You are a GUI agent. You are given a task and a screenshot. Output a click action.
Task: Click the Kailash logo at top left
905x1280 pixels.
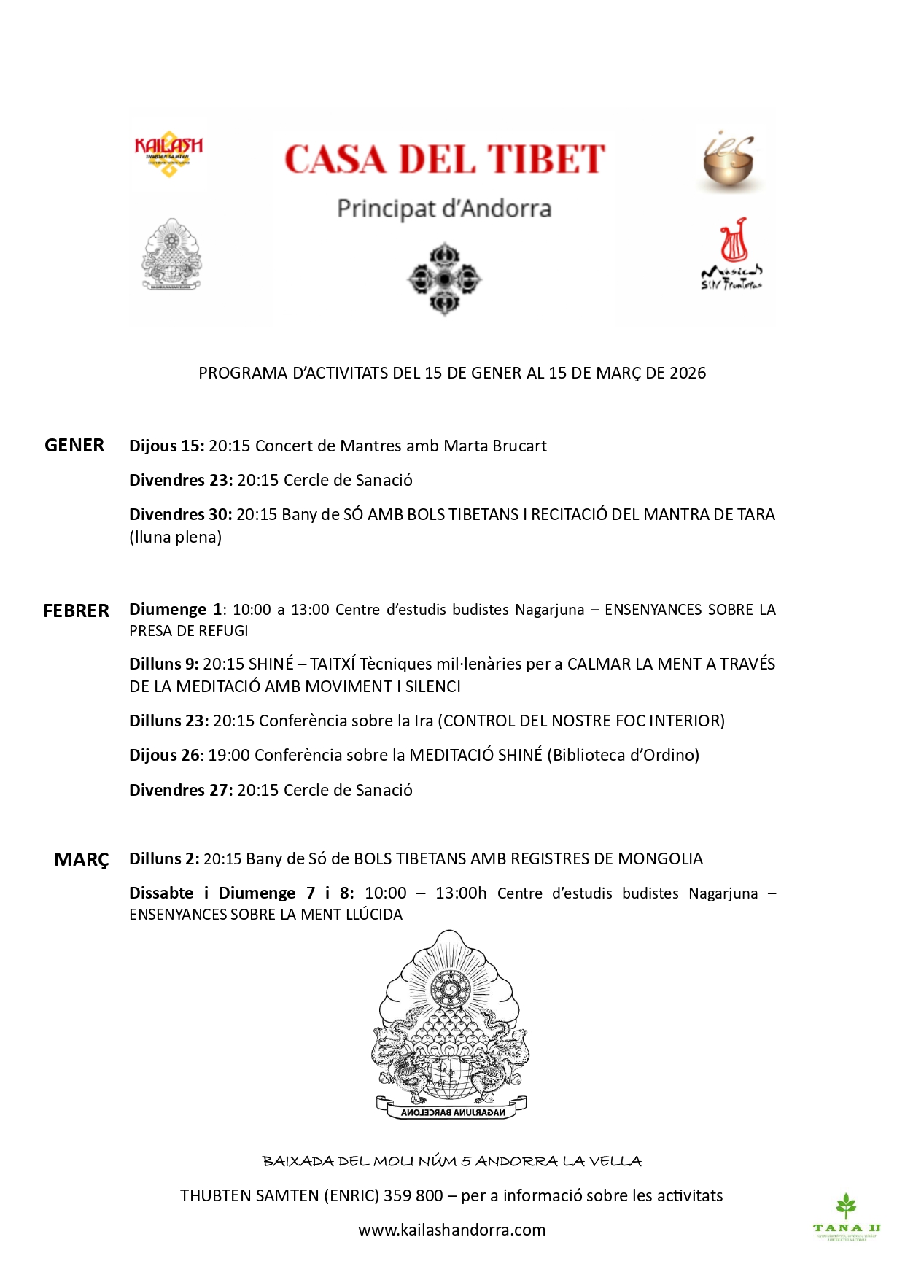[168, 154]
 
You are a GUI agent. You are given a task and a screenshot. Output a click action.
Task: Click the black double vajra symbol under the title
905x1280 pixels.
[444, 279]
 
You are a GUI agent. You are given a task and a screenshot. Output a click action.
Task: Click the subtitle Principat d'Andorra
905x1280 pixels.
[443, 209]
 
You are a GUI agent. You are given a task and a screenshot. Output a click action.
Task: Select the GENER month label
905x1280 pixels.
[74, 446]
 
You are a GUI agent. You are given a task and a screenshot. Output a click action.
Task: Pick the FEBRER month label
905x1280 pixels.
[77, 610]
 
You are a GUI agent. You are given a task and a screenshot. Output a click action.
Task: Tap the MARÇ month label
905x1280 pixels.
[82, 860]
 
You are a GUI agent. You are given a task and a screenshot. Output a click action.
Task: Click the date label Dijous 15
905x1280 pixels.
[166, 446]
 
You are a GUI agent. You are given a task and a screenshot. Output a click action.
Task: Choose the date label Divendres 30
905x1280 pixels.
[180, 515]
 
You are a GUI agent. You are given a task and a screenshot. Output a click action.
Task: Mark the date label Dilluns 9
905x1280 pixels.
[163, 664]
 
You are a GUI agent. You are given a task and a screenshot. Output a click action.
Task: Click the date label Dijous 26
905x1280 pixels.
[166, 756]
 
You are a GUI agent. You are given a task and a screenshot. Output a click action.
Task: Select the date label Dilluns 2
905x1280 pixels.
[163, 859]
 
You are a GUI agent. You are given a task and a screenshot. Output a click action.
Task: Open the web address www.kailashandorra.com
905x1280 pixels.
[451, 1230]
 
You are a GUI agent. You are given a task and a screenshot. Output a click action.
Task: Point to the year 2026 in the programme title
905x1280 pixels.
[688, 373]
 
